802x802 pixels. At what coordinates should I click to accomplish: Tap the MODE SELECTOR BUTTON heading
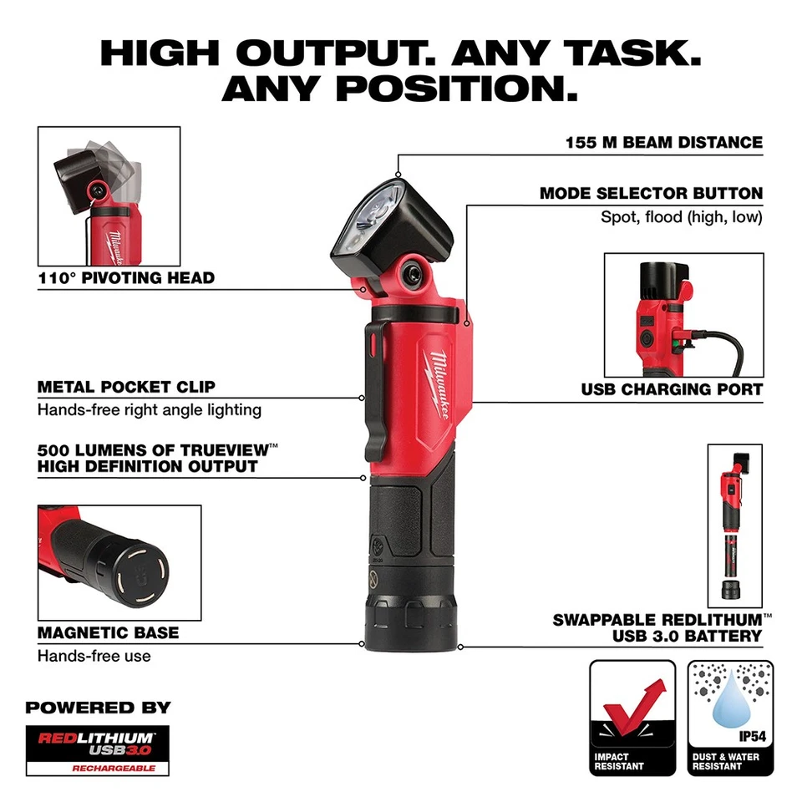pyautogui.click(x=651, y=194)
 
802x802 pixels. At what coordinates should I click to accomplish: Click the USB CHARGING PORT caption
pyautogui.click(x=672, y=389)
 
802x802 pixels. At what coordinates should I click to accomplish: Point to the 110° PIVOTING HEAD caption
pyautogui.click(x=126, y=278)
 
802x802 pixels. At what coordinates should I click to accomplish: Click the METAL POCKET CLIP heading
pyautogui.click(x=126, y=387)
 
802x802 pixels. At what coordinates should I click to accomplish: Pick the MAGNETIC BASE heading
pyautogui.click(x=109, y=633)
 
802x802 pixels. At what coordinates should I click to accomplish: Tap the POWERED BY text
pyautogui.click(x=98, y=707)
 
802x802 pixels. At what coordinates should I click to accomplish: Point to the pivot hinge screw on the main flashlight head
pyautogui.click(x=414, y=272)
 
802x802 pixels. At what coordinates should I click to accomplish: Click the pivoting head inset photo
pyautogui.click(x=109, y=196)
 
